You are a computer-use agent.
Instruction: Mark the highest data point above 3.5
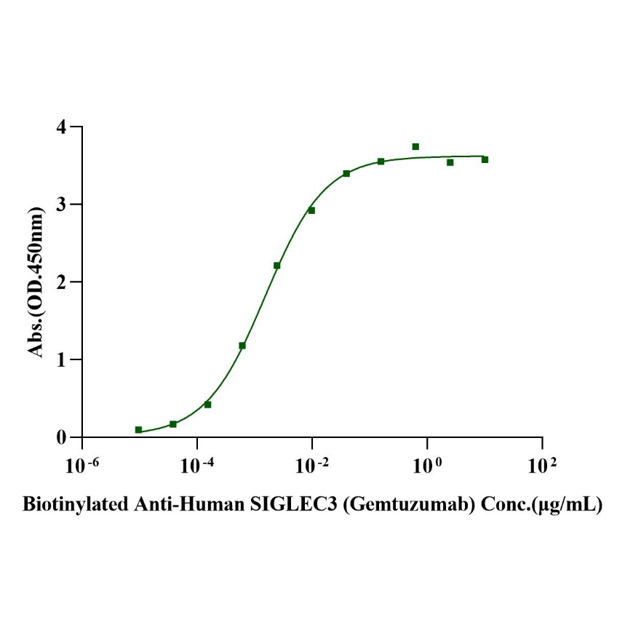coord(415,146)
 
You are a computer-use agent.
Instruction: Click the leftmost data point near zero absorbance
coord(138,430)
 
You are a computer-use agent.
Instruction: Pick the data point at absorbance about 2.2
coord(276,266)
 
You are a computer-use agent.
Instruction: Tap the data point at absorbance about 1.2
coord(242,346)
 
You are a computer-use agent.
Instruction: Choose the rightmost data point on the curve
coord(485,159)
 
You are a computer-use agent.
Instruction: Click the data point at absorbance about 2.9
coord(311,210)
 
